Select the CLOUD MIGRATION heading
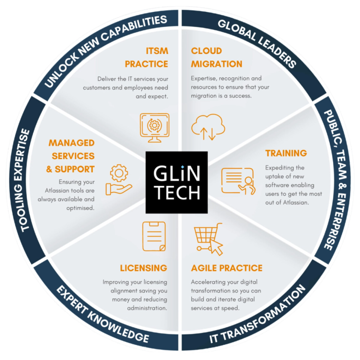coord(216,57)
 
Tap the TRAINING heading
coord(286,153)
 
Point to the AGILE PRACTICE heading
coord(226,268)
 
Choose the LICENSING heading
coord(143,268)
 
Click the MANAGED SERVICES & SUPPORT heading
coord(71,156)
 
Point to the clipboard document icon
coord(154,236)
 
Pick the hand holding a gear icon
coord(118,180)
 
